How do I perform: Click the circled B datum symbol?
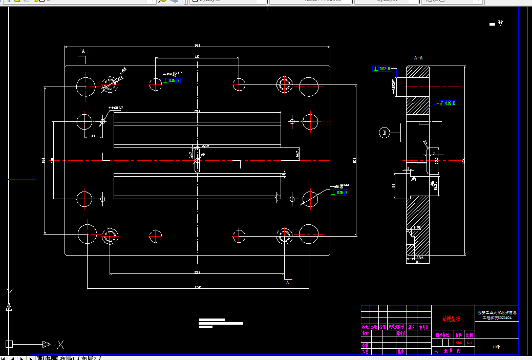point(385,133)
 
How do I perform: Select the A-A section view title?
point(418,58)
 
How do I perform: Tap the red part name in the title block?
point(451,319)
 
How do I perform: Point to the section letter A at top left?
point(83,51)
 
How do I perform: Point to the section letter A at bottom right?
point(287,282)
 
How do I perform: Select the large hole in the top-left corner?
point(86,86)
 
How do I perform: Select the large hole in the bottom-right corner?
point(309,234)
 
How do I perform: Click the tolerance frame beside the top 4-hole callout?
point(172,80)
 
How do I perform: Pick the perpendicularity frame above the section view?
point(381,69)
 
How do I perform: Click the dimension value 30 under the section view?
point(417,262)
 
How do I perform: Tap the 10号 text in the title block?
point(496,347)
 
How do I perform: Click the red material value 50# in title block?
point(458,342)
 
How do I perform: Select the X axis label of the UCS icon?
point(60,344)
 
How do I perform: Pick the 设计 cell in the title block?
point(366,333)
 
